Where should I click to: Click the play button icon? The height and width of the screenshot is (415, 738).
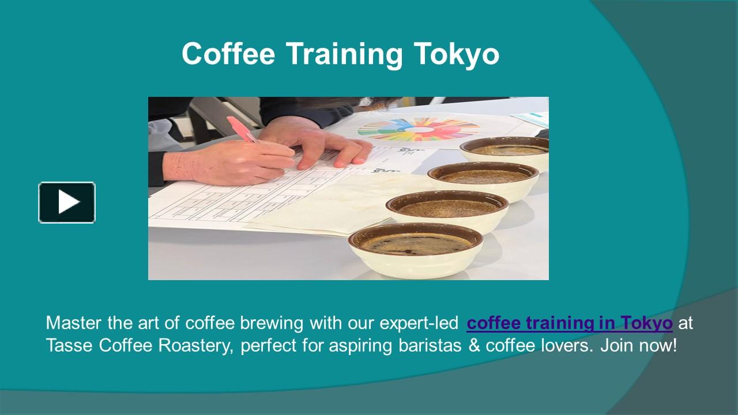click(67, 202)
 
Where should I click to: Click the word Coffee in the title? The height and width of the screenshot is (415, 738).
click(228, 54)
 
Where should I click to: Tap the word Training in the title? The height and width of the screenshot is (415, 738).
click(344, 55)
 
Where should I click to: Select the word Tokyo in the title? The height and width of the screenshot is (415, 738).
click(456, 55)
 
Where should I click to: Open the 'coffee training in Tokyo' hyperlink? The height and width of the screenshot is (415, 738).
click(570, 323)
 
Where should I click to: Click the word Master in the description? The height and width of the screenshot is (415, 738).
click(73, 323)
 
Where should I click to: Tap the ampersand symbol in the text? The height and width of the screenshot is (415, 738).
click(474, 345)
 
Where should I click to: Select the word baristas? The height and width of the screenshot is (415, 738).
click(430, 345)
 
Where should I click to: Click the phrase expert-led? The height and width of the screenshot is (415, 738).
click(419, 323)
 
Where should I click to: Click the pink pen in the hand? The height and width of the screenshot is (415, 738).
click(243, 130)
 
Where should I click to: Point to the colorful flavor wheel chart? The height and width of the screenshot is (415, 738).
click(419, 130)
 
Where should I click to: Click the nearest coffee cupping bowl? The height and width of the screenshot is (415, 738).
click(416, 250)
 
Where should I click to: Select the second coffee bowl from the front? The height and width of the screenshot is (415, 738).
click(447, 211)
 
